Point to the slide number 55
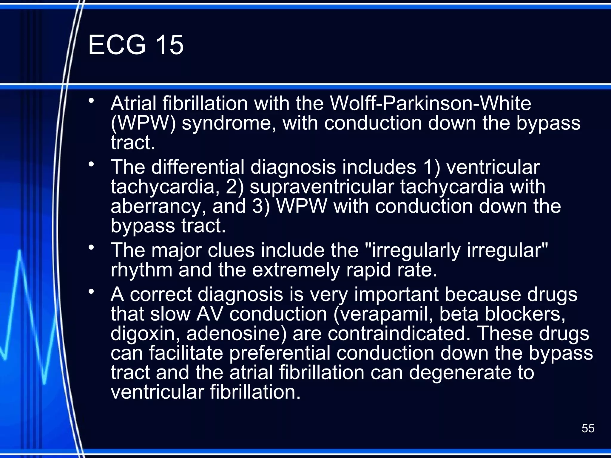588,428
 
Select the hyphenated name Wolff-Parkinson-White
430,103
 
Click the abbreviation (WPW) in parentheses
143,123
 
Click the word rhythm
141,270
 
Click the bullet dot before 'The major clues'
91,247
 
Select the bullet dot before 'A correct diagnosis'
91,291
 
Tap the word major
177,250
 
